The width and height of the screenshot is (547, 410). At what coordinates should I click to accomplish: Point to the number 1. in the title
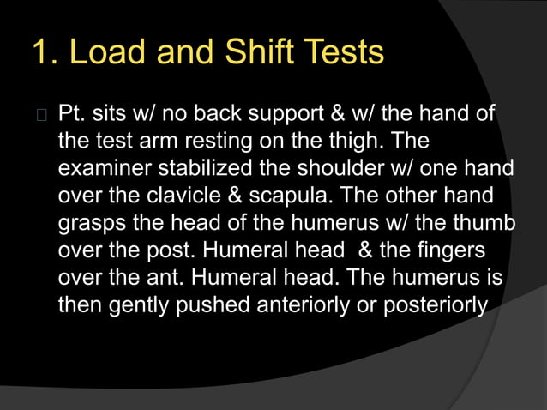pos(44,53)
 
